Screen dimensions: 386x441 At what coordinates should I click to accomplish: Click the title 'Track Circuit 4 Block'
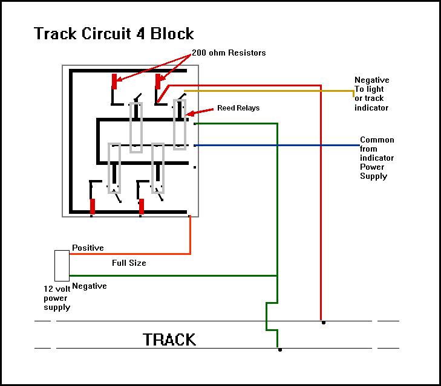pos(114,33)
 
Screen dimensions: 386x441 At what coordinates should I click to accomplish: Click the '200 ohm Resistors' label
pos(229,53)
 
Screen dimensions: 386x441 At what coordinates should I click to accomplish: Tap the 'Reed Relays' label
pos(238,108)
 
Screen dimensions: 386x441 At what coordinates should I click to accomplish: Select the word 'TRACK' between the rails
pos(169,339)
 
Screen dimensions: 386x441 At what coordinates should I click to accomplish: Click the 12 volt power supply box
pos(62,266)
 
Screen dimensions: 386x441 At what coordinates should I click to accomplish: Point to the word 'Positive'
pos(88,248)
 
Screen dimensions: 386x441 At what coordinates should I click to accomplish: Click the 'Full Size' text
pos(129,263)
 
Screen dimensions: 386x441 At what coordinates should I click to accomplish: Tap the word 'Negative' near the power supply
pos(90,286)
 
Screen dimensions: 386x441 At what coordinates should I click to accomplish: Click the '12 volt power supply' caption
pos(57,298)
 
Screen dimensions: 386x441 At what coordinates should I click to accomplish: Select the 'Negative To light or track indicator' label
pos(371,94)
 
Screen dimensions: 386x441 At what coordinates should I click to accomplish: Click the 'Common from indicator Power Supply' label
pos(377,158)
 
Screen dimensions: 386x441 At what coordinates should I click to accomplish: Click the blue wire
pos(278,146)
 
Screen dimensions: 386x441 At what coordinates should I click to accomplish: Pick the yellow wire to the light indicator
pos(272,91)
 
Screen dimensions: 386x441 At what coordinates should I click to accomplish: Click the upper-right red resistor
pos(158,81)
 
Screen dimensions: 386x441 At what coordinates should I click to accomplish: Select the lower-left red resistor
pos(93,206)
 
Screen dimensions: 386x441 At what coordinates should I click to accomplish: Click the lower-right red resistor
pos(142,206)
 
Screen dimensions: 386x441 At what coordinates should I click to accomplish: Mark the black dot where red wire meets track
pos(323,323)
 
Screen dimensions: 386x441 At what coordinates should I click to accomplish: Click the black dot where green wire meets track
pos(279,350)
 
